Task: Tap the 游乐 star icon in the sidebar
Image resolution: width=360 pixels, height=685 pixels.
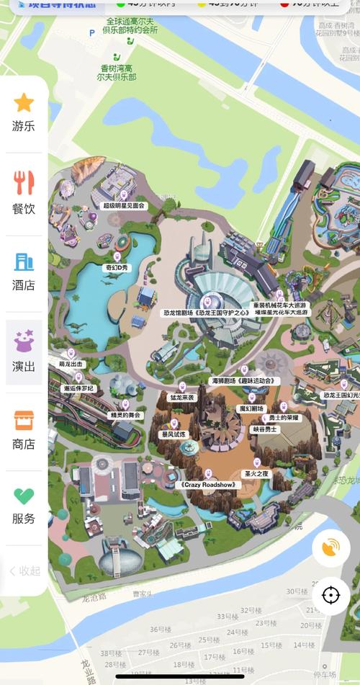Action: point(24,103)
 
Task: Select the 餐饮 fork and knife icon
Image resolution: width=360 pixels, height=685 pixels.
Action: point(24,184)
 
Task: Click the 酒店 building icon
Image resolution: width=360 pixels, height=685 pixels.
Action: point(24,262)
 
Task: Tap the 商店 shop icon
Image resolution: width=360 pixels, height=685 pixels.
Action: point(24,420)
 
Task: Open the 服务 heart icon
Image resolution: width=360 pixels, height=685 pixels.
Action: point(24,496)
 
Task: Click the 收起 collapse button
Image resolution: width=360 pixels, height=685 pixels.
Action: point(24,570)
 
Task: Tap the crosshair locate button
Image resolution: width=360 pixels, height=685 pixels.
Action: point(330,596)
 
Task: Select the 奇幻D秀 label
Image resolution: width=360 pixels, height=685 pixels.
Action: point(117,267)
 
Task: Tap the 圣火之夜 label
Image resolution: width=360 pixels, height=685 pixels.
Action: point(256,474)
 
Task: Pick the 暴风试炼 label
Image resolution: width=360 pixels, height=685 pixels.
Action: point(173,434)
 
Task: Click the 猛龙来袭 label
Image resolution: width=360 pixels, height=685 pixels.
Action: point(181,397)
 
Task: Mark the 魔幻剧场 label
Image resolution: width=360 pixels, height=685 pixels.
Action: point(251,408)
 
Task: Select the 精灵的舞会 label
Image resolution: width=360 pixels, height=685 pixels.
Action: point(125,416)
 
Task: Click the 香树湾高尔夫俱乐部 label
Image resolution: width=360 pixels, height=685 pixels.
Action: point(119,72)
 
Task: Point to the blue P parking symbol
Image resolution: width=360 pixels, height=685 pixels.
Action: point(91,33)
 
